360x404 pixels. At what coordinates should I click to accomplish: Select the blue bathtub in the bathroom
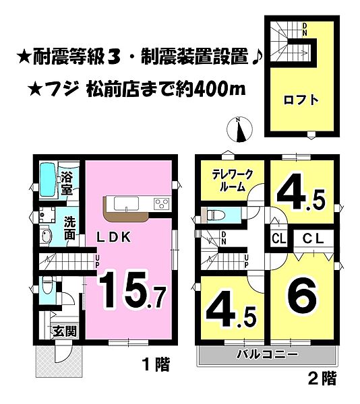(x=47, y=180)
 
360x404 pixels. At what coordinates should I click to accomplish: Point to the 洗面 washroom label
(x=69, y=229)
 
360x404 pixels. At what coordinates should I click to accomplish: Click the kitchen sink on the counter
(x=125, y=203)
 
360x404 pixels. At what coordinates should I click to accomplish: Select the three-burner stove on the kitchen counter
(x=162, y=203)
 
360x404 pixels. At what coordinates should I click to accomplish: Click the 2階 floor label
(x=322, y=379)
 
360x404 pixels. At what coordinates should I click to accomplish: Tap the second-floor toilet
(x=214, y=215)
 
